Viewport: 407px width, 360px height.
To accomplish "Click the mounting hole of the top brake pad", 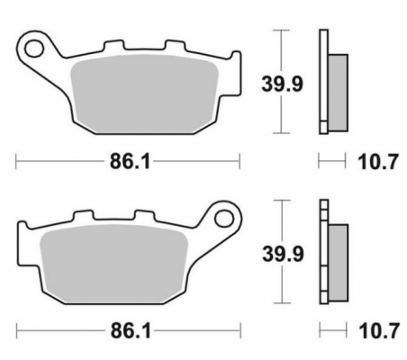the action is coord(34,49).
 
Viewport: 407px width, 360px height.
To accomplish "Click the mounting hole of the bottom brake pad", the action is coord(224,218).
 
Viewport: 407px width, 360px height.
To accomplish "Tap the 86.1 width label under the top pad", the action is coord(130,161).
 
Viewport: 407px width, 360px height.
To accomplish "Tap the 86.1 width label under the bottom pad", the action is coord(131,331).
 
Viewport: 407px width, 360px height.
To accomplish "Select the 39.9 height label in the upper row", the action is coord(282,84).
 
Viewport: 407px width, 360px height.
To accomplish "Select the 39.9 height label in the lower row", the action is coord(283,254).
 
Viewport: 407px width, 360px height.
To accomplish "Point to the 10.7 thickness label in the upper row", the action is coord(377,162).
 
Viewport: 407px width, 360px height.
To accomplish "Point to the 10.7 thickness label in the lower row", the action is coord(379,331).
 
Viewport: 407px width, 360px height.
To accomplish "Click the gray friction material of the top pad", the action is coord(144,94).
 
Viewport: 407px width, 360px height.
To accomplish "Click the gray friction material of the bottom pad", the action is coord(113,264).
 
